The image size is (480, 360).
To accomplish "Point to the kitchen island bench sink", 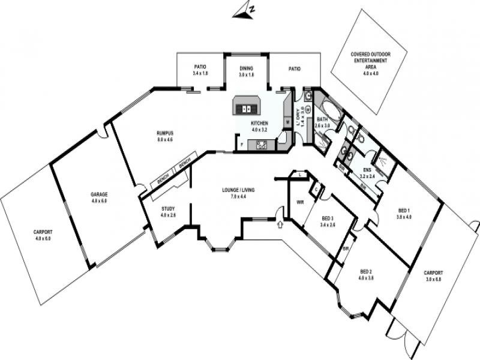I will pos(246,109).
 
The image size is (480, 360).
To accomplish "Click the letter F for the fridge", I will pos(241,144).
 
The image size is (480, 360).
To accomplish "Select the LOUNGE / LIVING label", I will pos(238,190).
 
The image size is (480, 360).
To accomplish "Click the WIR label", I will pos(300,202).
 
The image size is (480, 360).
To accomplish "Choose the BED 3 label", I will pos(327,218).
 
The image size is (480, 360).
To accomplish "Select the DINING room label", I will pos(246,69).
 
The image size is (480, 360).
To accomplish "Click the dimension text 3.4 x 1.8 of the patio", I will pos(200,73).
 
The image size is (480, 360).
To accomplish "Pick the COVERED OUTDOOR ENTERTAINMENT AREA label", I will pos(370,61).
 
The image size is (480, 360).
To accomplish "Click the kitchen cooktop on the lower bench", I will pos(262,144).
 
